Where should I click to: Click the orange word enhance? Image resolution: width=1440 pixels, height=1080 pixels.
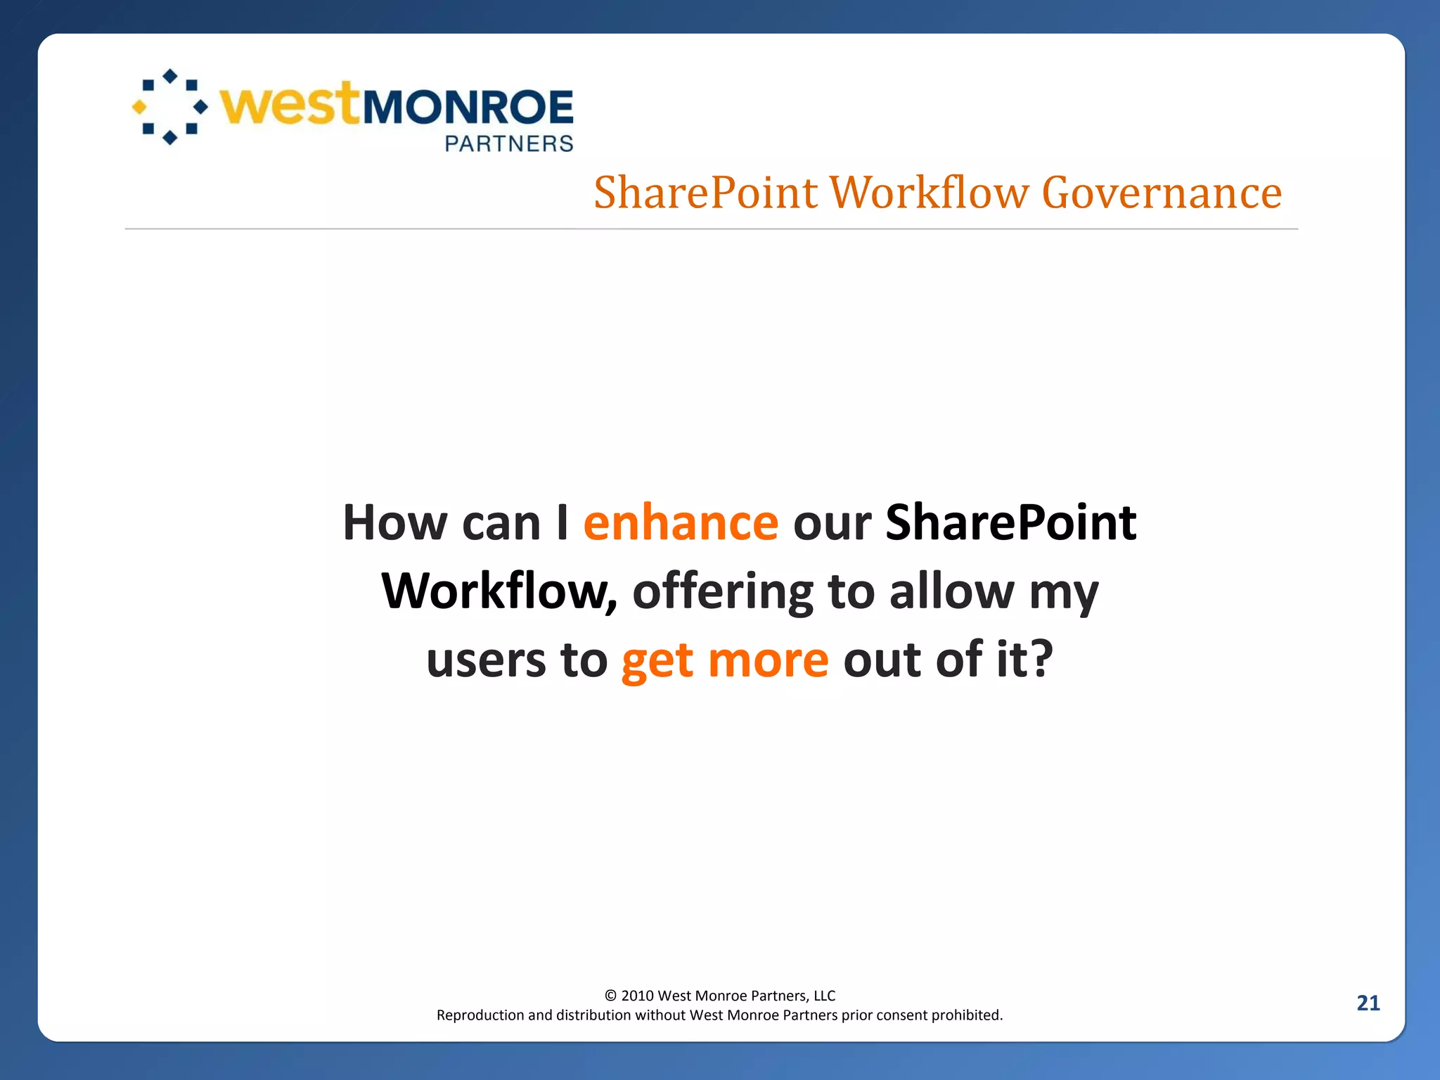pyautogui.click(x=681, y=523)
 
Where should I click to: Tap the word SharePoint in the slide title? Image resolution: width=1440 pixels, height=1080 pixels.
pyautogui.click(x=706, y=193)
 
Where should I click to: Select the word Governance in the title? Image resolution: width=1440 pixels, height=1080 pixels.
pyautogui.click(x=1162, y=193)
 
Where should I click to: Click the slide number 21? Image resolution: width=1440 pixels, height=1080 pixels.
pyautogui.click(x=1368, y=1003)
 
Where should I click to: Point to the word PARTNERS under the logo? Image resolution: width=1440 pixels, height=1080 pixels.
pyautogui.click(x=509, y=144)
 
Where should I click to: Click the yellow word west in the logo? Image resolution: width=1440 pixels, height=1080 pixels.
pyautogui.click(x=290, y=105)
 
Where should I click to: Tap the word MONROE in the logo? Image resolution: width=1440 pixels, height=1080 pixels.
pyautogui.click(x=468, y=108)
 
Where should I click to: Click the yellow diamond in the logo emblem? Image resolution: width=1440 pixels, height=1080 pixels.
pyautogui.click(x=139, y=107)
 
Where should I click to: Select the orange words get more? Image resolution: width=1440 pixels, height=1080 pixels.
pyautogui.click(x=725, y=661)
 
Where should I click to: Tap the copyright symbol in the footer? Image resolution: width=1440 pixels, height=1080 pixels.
pyautogui.click(x=610, y=996)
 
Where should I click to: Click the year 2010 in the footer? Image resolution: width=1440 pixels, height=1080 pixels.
pyautogui.click(x=637, y=996)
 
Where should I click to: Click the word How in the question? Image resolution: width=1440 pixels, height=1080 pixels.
pyautogui.click(x=394, y=523)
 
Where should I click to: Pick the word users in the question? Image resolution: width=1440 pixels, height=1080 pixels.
pyautogui.click(x=486, y=661)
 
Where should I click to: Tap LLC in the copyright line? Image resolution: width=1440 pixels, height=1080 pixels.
pyautogui.click(x=824, y=996)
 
